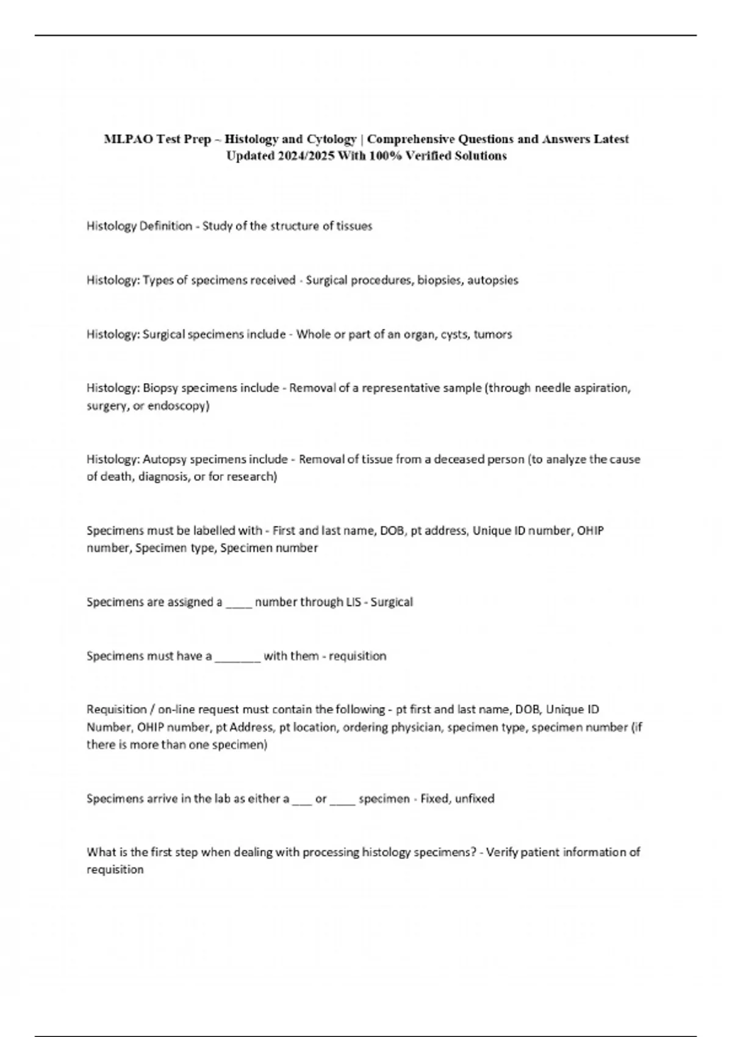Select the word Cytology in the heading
coord(331,139)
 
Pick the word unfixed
coord(475,798)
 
